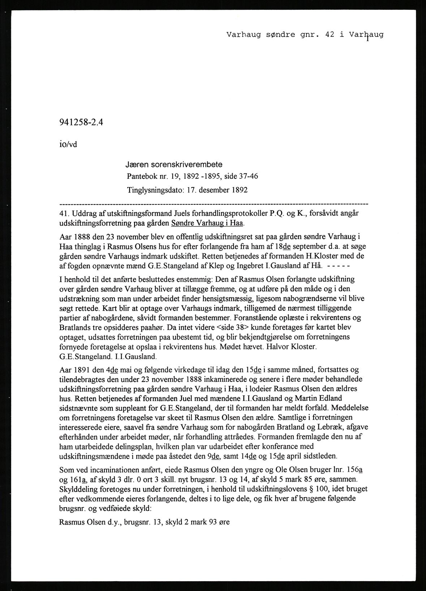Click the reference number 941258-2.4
tap(81, 122)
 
